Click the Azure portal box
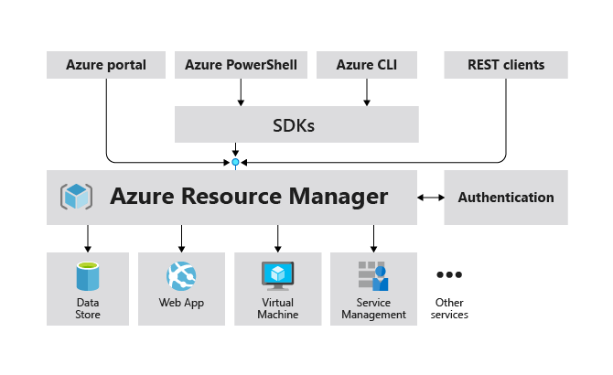tap(106, 65)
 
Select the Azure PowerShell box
tap(241, 65)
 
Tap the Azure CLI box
tap(367, 65)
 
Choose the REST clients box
tap(506, 65)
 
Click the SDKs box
tap(296, 124)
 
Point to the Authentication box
tap(506, 198)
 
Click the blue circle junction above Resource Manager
tap(235, 162)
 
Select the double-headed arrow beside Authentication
tap(431, 198)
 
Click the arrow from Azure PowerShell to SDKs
tap(241, 92)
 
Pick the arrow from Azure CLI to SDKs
tap(367, 92)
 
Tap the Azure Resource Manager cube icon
tap(76, 196)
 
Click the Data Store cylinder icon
tap(88, 276)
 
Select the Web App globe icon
tap(181, 276)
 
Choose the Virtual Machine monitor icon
tap(277, 276)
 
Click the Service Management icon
tap(373, 276)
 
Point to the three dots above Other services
tap(449, 274)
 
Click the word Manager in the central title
tap(339, 196)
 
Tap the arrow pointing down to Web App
tap(181, 239)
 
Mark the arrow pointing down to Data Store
tap(88, 239)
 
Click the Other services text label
tap(449, 308)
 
